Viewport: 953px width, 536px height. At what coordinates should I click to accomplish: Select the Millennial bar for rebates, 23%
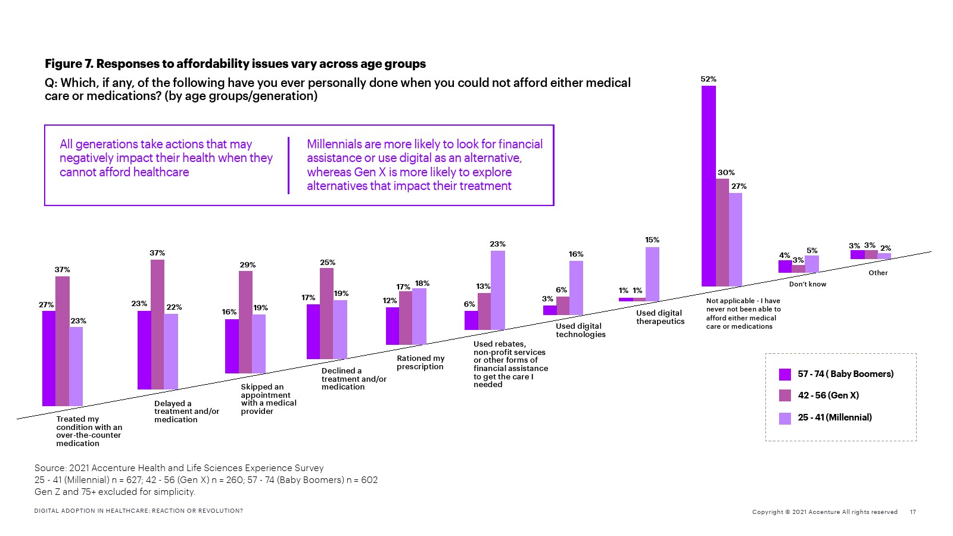click(x=497, y=290)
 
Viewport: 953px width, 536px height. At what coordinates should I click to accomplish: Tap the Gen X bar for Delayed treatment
click(x=157, y=325)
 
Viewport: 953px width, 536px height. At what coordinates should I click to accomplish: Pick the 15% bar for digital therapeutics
click(x=652, y=274)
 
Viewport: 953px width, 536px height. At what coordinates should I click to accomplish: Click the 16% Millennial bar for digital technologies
click(x=576, y=288)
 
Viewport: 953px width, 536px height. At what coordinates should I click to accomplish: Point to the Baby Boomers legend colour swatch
click(x=785, y=374)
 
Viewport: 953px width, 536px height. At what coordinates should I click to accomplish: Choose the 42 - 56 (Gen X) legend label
click(x=828, y=395)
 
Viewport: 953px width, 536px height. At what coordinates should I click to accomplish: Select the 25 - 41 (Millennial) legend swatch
click(x=785, y=418)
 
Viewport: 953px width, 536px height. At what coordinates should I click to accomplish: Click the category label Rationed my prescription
click(x=421, y=362)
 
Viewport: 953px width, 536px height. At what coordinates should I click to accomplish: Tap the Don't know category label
click(x=808, y=284)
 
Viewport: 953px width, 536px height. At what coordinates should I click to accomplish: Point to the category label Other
click(x=878, y=273)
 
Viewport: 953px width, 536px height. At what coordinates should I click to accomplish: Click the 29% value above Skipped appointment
click(x=248, y=265)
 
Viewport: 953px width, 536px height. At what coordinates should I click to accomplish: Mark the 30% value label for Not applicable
click(x=726, y=173)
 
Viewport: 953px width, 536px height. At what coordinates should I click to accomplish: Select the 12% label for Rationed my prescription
click(x=390, y=301)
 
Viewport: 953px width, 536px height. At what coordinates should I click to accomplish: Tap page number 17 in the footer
click(x=913, y=512)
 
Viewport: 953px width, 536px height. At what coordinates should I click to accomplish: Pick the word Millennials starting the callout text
click(x=334, y=144)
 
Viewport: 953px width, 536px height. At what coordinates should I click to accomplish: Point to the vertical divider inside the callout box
click(x=289, y=166)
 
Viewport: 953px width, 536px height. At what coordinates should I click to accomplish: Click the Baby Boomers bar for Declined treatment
click(x=313, y=332)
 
